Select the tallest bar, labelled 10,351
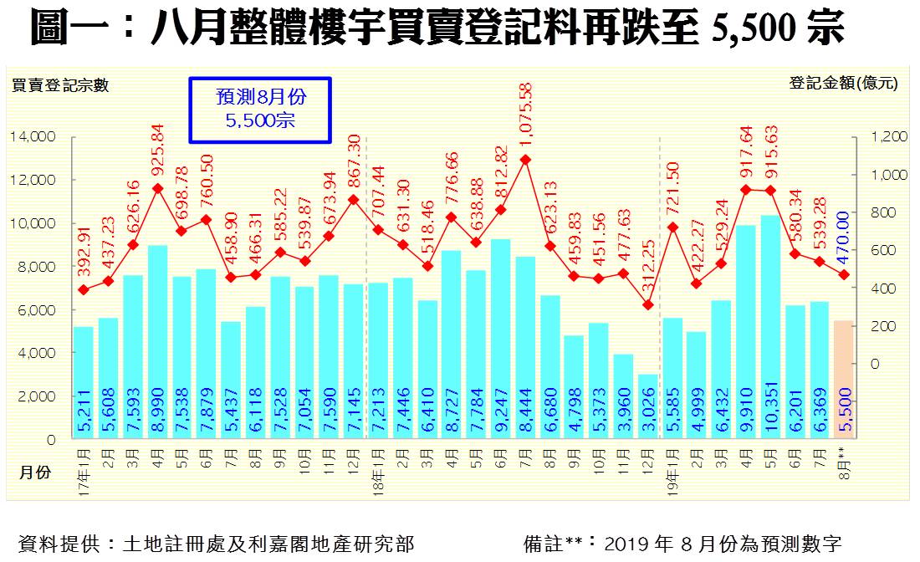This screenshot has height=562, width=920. coord(771,326)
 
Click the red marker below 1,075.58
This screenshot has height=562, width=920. coord(525,159)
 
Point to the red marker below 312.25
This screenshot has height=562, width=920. coord(648,305)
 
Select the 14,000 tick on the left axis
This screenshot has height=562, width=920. coord(34,136)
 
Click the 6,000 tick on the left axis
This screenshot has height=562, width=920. coord(37,309)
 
